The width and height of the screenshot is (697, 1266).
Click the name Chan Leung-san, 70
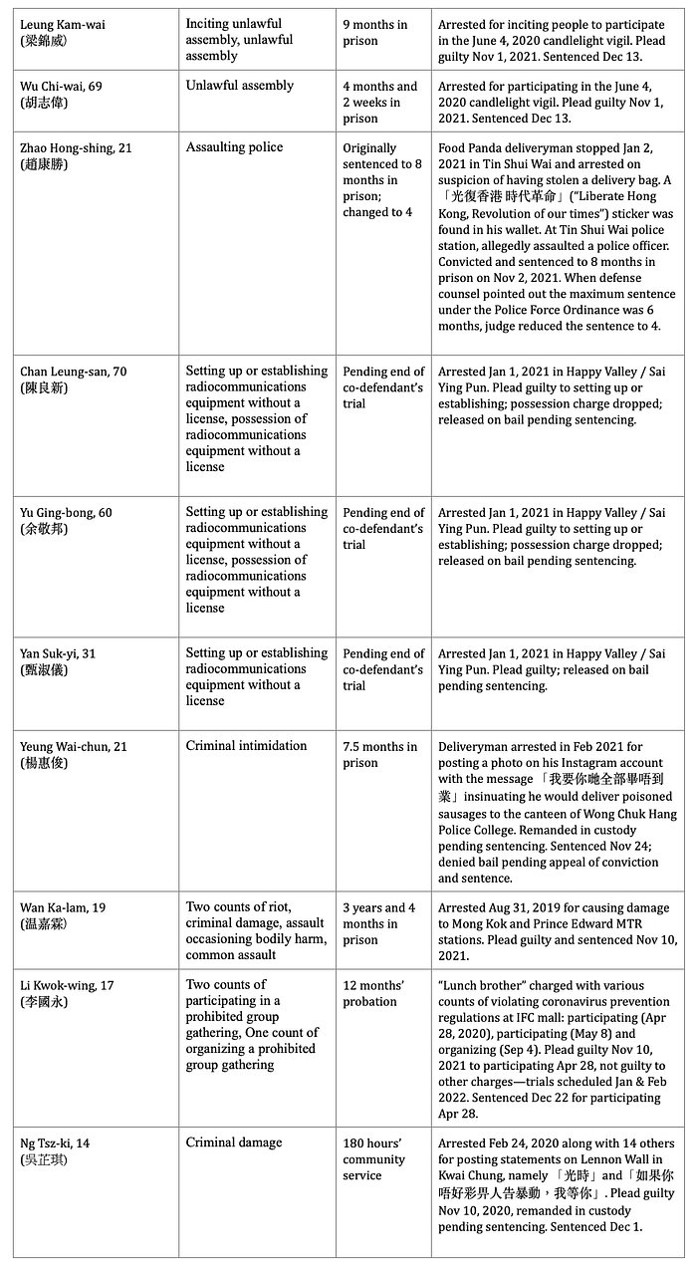77,372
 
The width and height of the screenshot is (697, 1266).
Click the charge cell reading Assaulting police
234,147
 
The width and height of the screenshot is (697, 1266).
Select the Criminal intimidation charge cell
244,747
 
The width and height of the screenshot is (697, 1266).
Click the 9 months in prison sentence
377,32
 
